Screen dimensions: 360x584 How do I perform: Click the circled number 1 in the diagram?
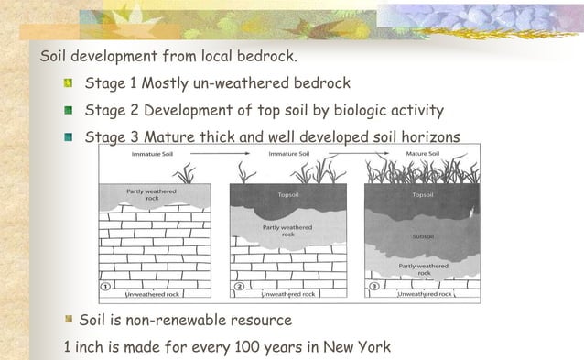(106, 287)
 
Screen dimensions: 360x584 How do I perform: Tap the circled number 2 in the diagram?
(239, 287)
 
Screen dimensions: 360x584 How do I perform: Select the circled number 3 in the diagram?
(373, 287)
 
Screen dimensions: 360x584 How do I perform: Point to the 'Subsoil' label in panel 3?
(424, 236)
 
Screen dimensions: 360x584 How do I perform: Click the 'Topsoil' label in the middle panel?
(290, 195)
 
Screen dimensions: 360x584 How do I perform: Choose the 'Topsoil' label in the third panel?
(424, 195)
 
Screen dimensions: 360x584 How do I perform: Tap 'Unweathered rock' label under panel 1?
(157, 294)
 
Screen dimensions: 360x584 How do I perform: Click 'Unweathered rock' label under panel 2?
(289, 294)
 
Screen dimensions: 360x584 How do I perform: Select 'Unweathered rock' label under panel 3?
(423, 294)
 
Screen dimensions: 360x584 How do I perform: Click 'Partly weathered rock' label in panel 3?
(423, 269)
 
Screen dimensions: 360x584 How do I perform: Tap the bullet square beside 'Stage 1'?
(67, 84)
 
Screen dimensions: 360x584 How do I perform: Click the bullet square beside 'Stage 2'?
(67, 111)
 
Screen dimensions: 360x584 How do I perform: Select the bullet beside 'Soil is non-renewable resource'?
(68, 321)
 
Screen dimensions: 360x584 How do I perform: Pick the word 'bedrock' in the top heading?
(266, 57)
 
